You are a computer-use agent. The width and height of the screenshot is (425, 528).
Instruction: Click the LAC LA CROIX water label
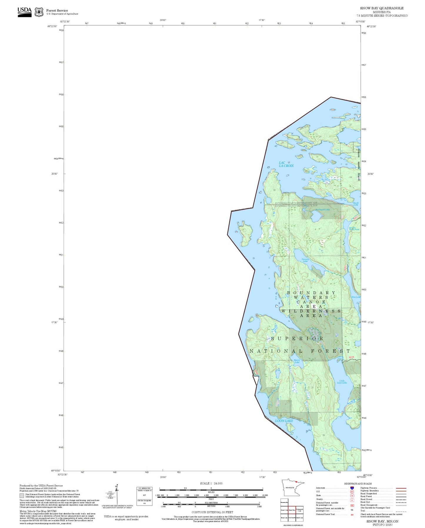coord(286,164)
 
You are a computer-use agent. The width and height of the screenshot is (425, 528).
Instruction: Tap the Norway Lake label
coord(305,260)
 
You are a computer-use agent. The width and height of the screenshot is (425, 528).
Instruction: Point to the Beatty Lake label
coord(297,361)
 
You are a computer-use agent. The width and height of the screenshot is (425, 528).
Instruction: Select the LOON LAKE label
coord(284,421)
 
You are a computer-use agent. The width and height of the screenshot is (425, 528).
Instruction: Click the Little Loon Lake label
coord(342,382)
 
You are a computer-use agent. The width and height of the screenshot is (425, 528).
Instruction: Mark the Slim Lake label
coord(356,297)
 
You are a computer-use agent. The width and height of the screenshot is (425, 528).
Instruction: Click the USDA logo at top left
coord(24,12)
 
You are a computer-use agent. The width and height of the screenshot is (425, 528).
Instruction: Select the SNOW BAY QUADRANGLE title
coord(382,8)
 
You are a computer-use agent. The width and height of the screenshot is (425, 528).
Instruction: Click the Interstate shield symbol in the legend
coord(352,488)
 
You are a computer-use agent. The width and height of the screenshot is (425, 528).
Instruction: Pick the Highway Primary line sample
coord(401,488)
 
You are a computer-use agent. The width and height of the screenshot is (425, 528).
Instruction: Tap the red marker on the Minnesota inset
coord(297,482)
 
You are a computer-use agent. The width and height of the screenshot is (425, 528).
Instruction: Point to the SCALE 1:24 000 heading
coord(211,483)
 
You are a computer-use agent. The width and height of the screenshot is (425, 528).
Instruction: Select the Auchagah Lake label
coord(323,210)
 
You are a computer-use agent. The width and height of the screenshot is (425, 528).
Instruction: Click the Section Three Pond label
coord(354,229)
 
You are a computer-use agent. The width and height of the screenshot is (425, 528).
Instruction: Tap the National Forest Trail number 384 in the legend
coord(352,515)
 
